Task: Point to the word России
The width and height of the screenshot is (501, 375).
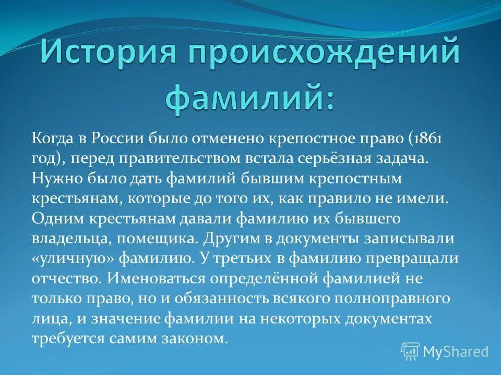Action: pyautogui.click(x=118, y=139)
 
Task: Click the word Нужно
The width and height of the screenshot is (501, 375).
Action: pyautogui.click(x=56, y=179)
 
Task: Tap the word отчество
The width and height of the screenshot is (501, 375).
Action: pyautogui.click(x=65, y=279)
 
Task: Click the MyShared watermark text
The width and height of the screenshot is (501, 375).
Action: pyautogui.click(x=456, y=352)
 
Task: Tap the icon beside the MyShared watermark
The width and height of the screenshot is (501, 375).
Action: pyautogui.click(x=410, y=352)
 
